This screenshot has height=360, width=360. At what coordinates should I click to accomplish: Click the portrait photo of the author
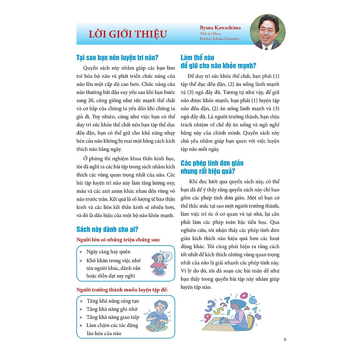pyautogui.click(x=268, y=32)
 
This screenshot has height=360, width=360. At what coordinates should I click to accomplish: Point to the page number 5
pyautogui.click(x=285, y=340)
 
